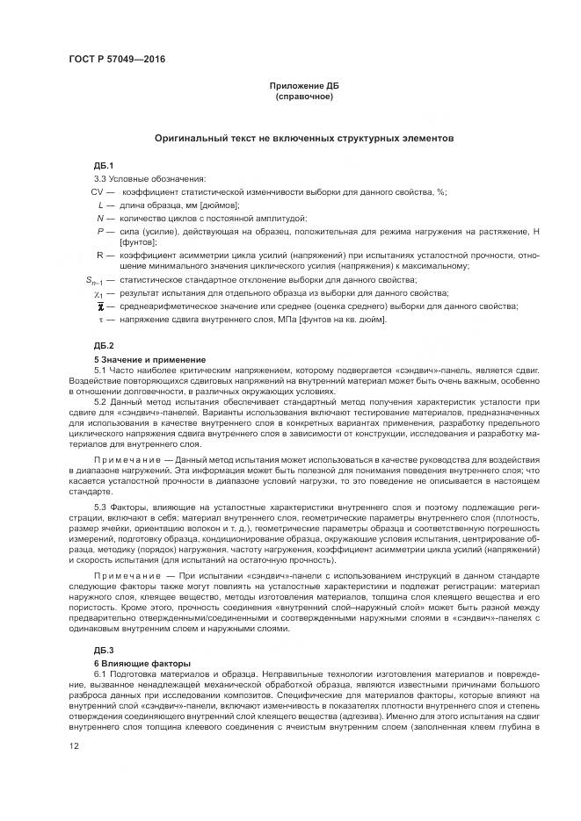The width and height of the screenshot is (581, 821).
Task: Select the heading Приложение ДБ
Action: coord(304,85)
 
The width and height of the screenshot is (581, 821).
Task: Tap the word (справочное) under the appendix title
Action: coord(304,96)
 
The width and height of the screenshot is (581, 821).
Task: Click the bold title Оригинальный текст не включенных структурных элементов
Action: coord(304,138)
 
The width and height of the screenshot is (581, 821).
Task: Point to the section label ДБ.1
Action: coord(105,165)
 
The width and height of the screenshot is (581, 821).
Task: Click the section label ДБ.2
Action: coord(105,347)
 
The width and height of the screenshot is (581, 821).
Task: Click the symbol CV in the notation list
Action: coord(98,191)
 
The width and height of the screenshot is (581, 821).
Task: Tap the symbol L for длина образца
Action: coord(101,205)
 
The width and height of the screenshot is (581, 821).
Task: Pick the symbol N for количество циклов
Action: coord(100,217)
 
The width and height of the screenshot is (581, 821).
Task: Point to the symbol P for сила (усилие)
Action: coord(101,230)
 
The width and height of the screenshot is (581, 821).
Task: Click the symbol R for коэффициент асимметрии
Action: coord(100,255)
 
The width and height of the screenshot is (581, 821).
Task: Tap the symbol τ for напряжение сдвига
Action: coord(100,319)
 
